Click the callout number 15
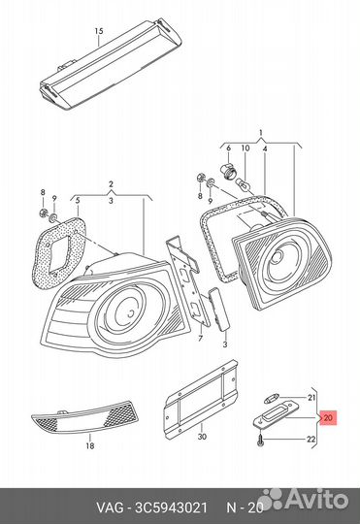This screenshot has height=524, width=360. tap(99, 31)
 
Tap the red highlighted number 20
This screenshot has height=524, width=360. tap(328, 417)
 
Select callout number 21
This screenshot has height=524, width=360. tap(311, 398)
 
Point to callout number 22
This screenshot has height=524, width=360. tap(311, 440)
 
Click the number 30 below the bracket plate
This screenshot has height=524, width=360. tap(202, 437)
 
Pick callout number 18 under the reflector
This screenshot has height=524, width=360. tap(90, 445)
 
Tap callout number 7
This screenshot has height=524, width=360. tap(200, 339)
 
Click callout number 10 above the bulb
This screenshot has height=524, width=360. tap(245, 147)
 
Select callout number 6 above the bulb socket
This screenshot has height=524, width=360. tap(229, 147)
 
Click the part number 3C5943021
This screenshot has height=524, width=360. tap(171, 508)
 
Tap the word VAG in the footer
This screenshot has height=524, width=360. tap(110, 508)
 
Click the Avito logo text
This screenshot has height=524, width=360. tap(316, 500)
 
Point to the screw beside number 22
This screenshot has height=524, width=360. tap(260, 441)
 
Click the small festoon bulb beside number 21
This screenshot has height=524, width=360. tap(270, 399)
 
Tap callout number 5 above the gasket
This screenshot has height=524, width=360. tap(78, 201)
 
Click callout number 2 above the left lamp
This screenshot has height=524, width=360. tap(111, 183)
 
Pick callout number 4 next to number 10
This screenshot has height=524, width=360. tap(265, 147)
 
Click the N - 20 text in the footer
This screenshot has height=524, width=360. tap(245, 508)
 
